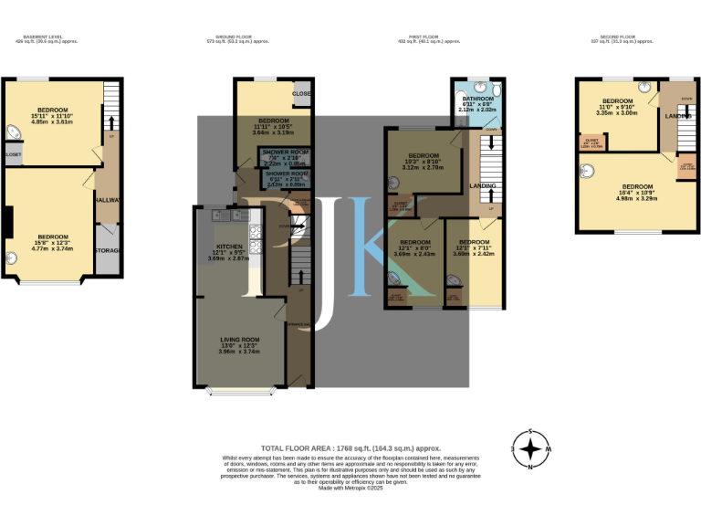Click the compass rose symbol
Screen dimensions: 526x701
(x=529, y=449)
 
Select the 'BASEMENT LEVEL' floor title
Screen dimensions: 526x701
(x=44, y=37)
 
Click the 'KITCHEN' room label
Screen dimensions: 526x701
(x=230, y=247)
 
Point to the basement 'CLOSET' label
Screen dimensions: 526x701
(x=12, y=155)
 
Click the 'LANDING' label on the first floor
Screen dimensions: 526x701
(x=483, y=187)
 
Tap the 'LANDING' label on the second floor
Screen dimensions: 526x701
(x=677, y=116)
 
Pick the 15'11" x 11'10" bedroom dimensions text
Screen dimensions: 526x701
(x=52, y=115)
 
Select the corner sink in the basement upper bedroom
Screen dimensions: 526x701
(x=12, y=132)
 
